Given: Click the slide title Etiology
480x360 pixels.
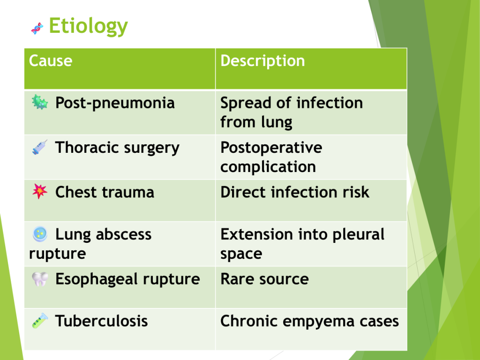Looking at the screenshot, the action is click(88, 26).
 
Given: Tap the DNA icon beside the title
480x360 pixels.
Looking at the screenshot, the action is click(37, 29).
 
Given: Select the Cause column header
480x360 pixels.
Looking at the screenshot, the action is click(51, 60).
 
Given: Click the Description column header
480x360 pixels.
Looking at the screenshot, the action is click(262, 61).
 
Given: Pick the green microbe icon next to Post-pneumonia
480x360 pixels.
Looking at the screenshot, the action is click(40, 102).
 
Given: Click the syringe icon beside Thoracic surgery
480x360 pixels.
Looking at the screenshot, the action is click(40, 147).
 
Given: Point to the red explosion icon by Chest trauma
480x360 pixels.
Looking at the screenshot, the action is click(40, 192).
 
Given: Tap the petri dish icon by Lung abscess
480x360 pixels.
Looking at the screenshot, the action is click(40, 234).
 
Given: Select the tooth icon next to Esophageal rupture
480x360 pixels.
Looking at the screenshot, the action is click(40, 279).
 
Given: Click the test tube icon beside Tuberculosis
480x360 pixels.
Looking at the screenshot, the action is click(40, 321).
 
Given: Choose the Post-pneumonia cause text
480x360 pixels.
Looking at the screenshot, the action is click(115, 103).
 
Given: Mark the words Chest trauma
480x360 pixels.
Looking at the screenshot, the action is click(105, 192).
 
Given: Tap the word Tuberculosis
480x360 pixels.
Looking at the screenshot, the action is click(102, 321).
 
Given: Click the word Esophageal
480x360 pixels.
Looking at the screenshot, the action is click(97, 280).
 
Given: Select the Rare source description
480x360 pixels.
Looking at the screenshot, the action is click(264, 279).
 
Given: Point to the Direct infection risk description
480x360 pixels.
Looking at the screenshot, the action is click(295, 192).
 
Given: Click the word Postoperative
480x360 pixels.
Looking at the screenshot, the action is click(271, 148).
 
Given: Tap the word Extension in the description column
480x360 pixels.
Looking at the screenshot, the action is click(256, 234).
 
